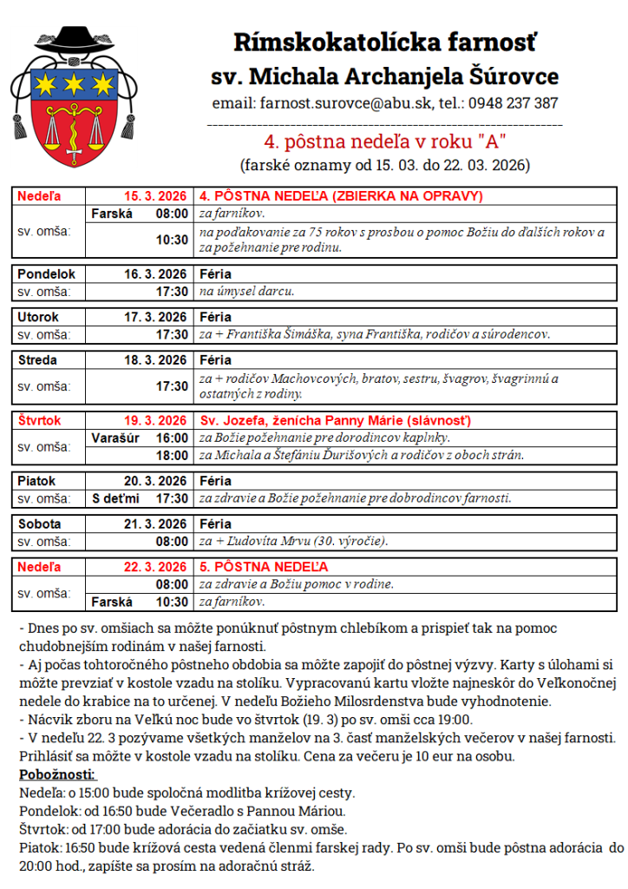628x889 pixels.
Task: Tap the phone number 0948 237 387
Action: pyautogui.click(x=511, y=103)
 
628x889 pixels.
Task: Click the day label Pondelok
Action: pyautogui.click(x=47, y=273)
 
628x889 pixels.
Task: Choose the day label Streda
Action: pyautogui.click(x=38, y=360)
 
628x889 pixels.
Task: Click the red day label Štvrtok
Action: pyautogui.click(x=40, y=420)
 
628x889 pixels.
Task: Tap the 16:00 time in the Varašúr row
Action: pyautogui.click(x=172, y=438)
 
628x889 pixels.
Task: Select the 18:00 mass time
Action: pyautogui.click(x=172, y=455)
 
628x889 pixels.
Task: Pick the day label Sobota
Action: pyautogui.click(x=40, y=524)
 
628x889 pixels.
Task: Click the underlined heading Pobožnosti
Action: pyautogui.click(x=57, y=774)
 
